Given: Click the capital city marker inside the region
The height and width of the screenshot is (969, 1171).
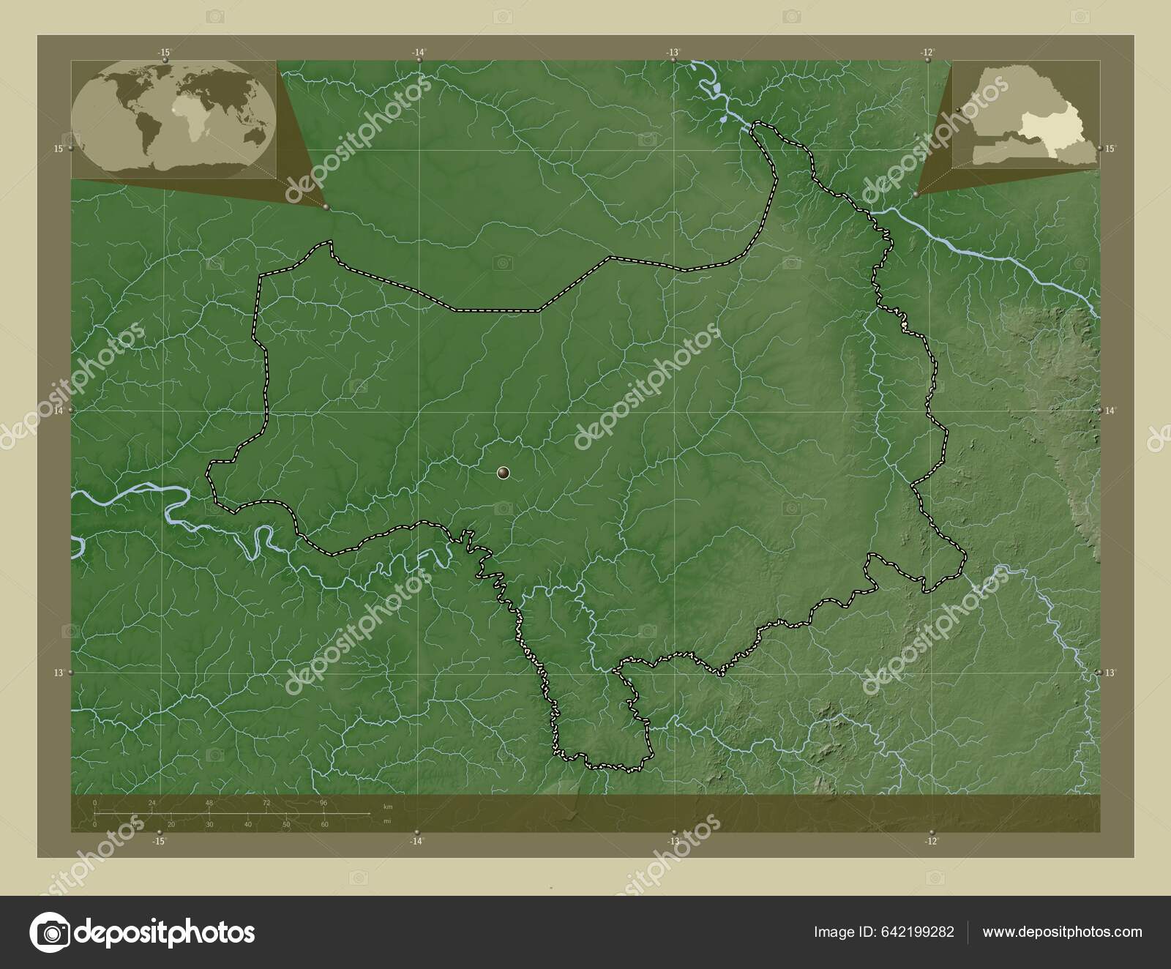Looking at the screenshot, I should point(503,474).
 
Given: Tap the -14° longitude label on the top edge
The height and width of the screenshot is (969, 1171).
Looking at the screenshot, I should point(418,52).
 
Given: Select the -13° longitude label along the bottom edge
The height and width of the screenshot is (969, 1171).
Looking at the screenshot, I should point(673,842).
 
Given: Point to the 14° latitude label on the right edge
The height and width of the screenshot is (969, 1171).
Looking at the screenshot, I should point(1110,411).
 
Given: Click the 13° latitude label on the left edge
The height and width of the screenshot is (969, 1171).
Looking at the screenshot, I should point(59,673).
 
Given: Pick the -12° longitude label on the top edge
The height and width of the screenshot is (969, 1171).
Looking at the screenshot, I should point(927,52).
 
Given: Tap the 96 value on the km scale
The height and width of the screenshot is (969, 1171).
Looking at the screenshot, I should point(323,803).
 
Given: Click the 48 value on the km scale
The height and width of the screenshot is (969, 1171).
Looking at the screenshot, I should point(209,803).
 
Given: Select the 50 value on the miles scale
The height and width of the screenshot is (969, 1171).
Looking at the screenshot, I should point(286,825).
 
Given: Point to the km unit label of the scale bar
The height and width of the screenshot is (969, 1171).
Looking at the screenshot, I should point(388,807).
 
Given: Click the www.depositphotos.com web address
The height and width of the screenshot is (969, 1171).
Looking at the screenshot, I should point(1062,932).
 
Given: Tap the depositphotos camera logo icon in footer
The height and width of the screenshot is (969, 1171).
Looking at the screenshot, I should point(50,932).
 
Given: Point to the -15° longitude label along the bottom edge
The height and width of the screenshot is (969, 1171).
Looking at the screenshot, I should point(158,842).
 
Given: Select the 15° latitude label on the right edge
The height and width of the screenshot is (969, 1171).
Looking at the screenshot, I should point(1110,149).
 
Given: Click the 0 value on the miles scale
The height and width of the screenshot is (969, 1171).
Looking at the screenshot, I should point(95,825).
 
